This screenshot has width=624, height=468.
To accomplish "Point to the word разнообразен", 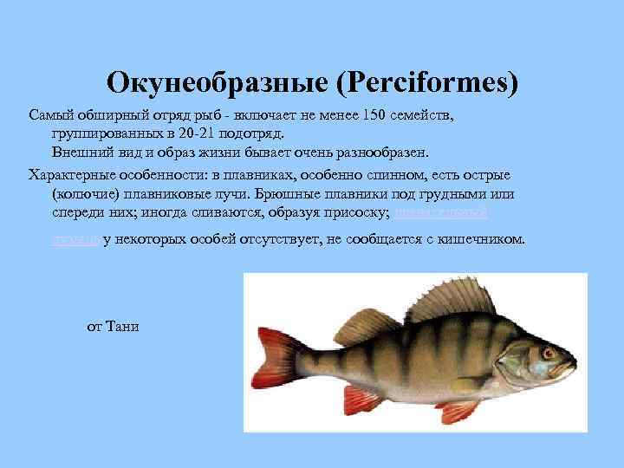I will (x=384, y=153).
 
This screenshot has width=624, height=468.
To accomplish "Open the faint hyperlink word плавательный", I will (x=442, y=211).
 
